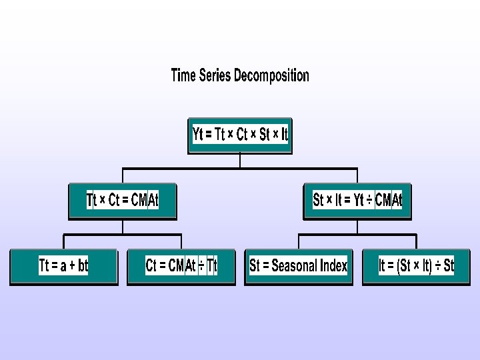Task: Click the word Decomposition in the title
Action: click(271, 75)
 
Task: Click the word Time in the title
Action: click(183, 75)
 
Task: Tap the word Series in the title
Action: click(215, 75)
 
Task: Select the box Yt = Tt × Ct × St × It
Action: click(240, 135)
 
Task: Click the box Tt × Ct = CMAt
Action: click(123, 200)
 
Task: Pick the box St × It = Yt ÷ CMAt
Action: click(357, 200)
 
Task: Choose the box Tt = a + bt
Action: click(63, 266)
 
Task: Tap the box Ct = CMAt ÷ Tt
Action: click(181, 266)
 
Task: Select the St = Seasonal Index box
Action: click(299, 266)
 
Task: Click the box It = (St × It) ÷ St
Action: click(416, 266)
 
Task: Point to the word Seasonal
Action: click(294, 266)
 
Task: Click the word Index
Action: click(333, 266)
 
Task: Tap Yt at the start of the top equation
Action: click(197, 135)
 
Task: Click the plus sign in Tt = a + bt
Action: click(71, 266)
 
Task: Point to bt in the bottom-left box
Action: click(82, 266)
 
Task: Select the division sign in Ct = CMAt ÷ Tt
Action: click(201, 266)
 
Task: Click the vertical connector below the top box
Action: click(240, 161)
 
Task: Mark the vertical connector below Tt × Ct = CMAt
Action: click(123, 227)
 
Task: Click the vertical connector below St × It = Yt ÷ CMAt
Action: click(357, 227)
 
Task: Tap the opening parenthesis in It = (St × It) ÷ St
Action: click(399, 266)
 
